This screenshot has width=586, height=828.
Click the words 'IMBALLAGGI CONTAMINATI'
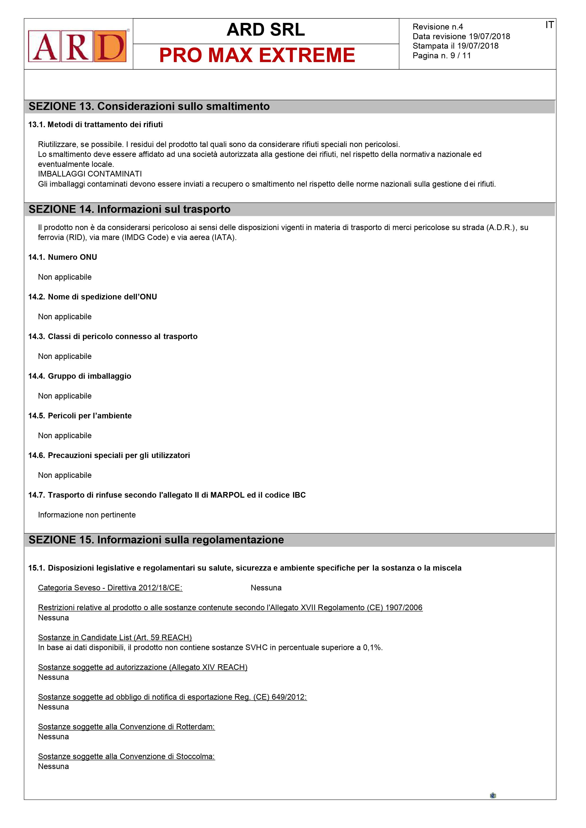(90, 174)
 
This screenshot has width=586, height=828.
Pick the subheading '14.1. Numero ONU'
(63, 257)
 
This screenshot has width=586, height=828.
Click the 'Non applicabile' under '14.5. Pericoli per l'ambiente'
(65, 436)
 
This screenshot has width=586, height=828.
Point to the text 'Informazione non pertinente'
(87, 515)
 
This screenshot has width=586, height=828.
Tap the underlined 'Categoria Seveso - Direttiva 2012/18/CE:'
(110, 588)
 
